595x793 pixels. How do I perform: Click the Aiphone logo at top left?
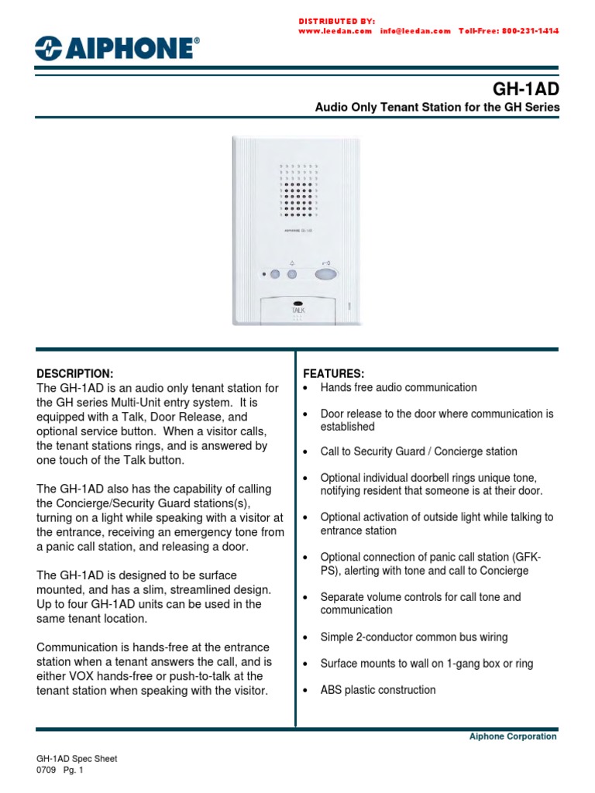pyautogui.click(x=117, y=49)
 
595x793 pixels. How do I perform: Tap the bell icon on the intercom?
pyautogui.click(x=291, y=262)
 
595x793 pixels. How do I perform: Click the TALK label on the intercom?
pyautogui.click(x=298, y=310)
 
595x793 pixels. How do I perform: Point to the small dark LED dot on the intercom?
pyautogui.click(x=265, y=274)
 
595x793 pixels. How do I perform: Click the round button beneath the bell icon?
pyautogui.click(x=292, y=274)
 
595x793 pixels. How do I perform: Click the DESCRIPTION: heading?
pyautogui.click(x=75, y=373)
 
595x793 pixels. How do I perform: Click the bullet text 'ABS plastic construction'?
pyautogui.click(x=378, y=690)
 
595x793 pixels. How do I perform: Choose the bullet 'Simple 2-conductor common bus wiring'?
pyautogui.click(x=414, y=637)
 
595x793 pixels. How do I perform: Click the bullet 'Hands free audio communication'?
pyautogui.click(x=398, y=387)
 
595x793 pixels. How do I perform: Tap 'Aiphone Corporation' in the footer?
pyautogui.click(x=513, y=736)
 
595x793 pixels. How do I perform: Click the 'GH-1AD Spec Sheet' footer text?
pyautogui.click(x=77, y=760)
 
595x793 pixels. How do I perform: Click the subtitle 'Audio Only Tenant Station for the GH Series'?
pyautogui.click(x=436, y=108)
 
